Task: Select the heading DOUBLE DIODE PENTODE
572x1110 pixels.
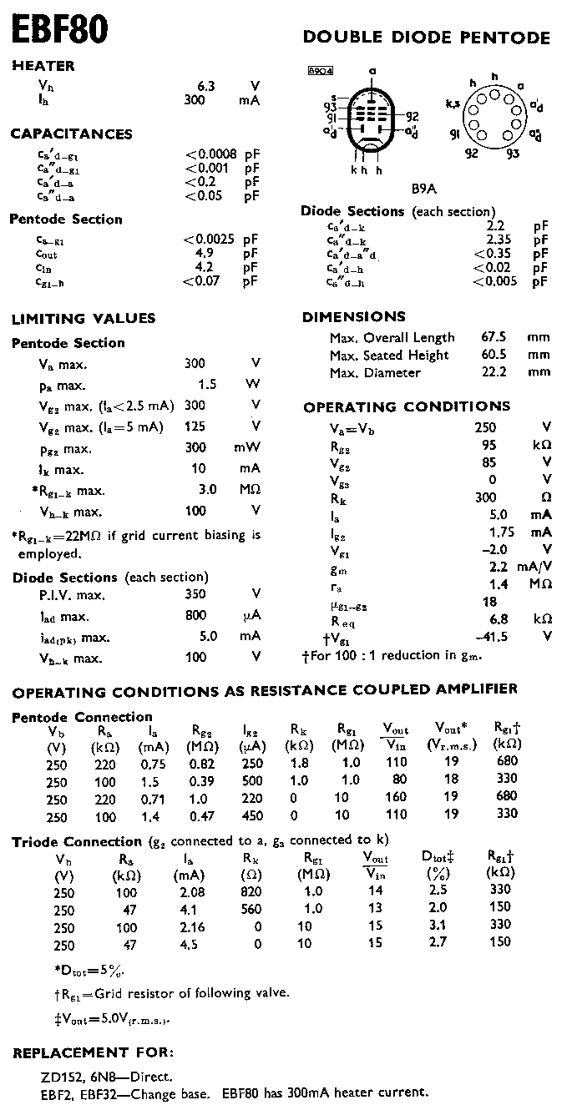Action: [x=427, y=38]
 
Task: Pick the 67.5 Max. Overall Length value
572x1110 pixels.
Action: [x=495, y=337]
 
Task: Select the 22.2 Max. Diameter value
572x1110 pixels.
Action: [x=495, y=372]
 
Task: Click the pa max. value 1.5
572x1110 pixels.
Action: [x=207, y=385]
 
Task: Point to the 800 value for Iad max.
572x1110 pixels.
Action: [x=196, y=616]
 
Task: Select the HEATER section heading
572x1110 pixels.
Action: [x=43, y=66]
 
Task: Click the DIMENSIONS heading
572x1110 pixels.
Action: [x=354, y=317]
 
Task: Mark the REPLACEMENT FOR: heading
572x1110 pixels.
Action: [x=94, y=1052]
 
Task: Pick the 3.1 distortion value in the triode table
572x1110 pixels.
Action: [x=438, y=926]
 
